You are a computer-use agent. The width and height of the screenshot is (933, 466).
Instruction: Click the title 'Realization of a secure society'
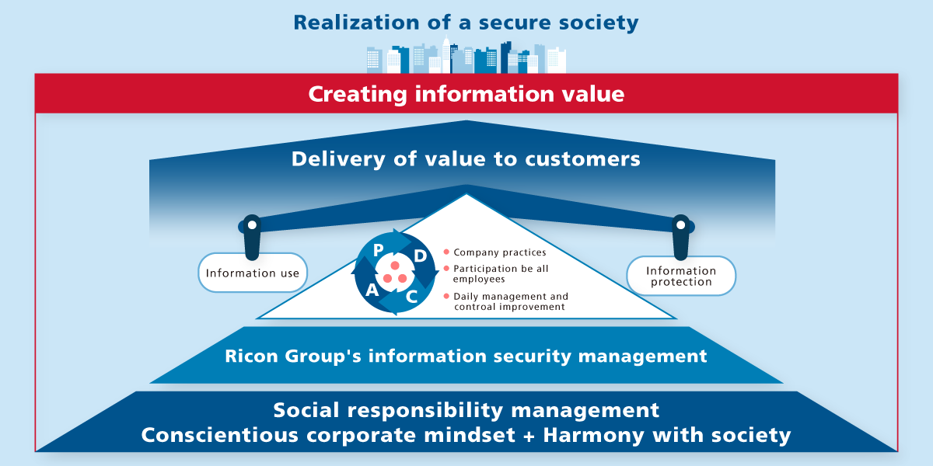tap(466, 23)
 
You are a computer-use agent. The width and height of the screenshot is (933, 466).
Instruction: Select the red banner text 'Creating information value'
tap(466, 94)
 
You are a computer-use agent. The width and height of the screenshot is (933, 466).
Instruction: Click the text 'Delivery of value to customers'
tap(466, 159)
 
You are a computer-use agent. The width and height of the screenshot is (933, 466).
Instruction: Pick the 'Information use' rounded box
tap(253, 273)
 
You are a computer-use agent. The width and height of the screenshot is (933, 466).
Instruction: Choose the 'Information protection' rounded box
tap(681, 276)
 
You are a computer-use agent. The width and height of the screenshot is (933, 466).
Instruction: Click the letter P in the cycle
tap(379, 249)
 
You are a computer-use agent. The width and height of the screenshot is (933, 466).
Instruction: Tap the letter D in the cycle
tap(420, 256)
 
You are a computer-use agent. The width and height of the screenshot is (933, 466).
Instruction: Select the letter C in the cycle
tap(412, 296)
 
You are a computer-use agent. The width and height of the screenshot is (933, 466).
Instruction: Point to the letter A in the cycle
tap(372, 290)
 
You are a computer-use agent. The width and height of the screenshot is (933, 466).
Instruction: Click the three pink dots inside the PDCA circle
tap(395, 273)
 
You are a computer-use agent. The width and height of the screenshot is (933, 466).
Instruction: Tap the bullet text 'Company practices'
tap(500, 252)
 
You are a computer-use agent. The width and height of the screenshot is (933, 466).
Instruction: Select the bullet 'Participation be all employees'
tap(502, 273)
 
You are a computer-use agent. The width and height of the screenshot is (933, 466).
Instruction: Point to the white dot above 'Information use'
tap(252, 225)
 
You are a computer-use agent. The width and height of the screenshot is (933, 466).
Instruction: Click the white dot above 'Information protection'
tap(681, 225)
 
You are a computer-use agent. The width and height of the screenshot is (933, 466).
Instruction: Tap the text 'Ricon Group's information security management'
tap(466, 356)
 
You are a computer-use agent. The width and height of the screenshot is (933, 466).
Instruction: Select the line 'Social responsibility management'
tap(466, 410)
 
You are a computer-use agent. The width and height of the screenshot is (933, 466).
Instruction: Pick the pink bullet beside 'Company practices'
tap(446, 252)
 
